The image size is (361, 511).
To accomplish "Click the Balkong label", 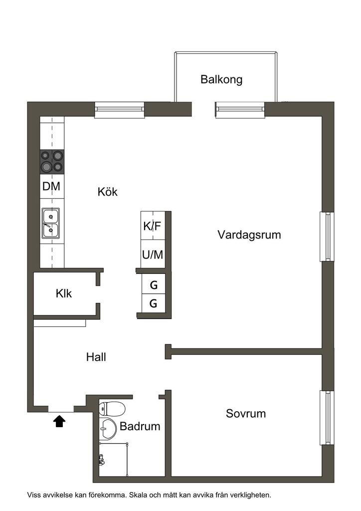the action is [x=221, y=79].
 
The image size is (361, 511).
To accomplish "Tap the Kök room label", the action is [x=107, y=192].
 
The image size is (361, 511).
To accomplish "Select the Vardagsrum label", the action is [x=249, y=235].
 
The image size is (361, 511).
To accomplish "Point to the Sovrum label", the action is [x=246, y=414].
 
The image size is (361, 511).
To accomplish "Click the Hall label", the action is [x=96, y=357].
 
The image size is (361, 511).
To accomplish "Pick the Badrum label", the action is [x=140, y=426].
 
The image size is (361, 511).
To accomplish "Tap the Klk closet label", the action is [x=64, y=293].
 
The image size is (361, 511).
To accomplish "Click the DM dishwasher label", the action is [x=51, y=187].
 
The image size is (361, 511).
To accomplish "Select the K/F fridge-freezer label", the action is [x=153, y=226].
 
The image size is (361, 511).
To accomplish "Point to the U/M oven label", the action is [x=153, y=255].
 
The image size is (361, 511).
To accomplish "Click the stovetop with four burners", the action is [x=52, y=162].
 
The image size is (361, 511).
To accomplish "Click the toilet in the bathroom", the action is [x=112, y=409].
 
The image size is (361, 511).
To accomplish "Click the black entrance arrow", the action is [x=59, y=421].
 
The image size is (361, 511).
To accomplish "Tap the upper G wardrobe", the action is [x=154, y=285].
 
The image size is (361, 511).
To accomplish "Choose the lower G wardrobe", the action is [x=154, y=304].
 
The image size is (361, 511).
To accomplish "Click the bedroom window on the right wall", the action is [x=327, y=418].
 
